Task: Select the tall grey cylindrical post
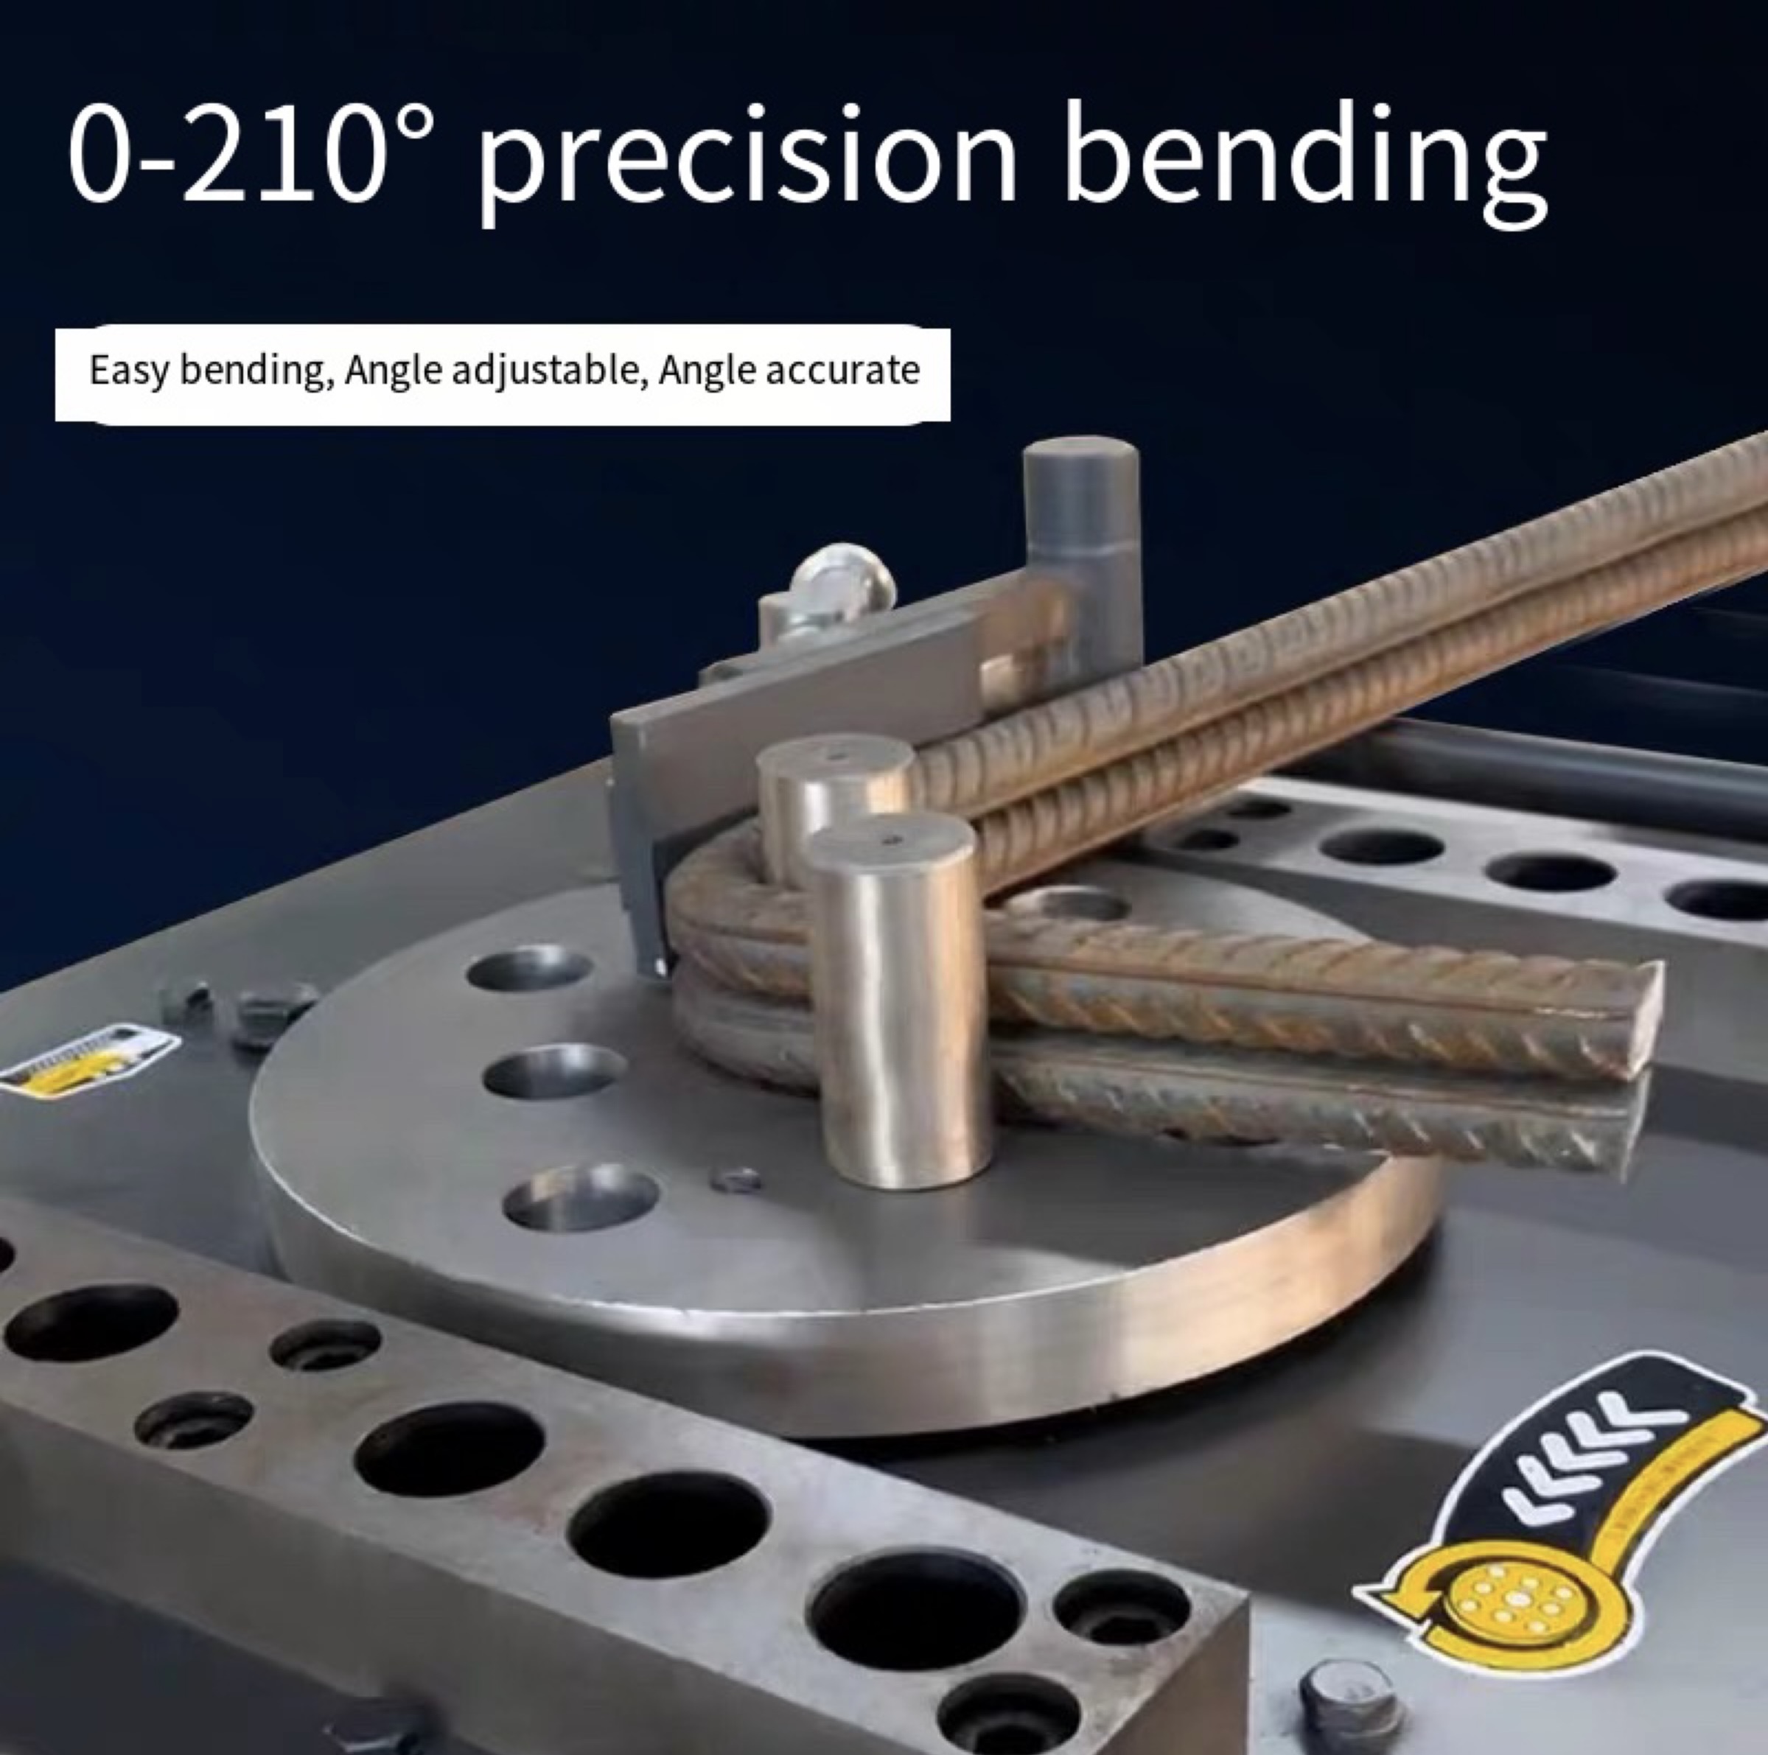[1083, 549]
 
